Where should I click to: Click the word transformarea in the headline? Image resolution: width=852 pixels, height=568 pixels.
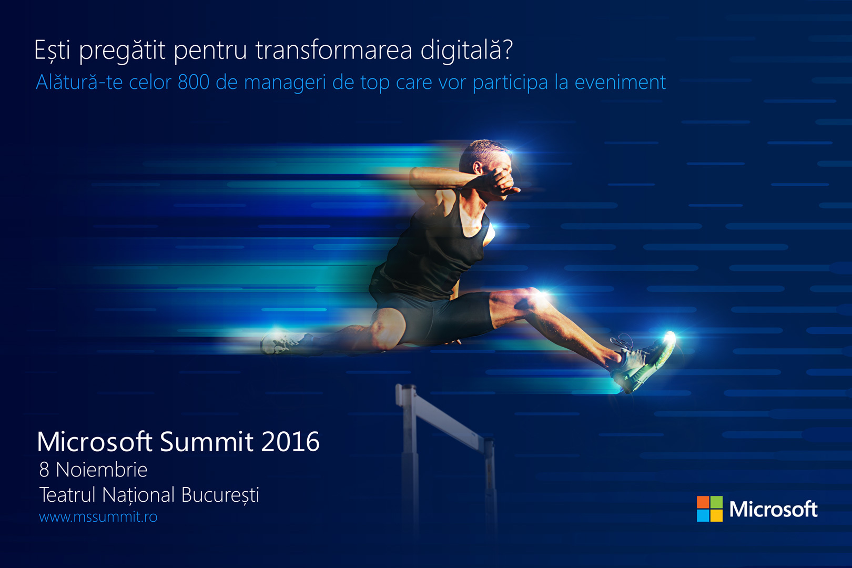pos(333,50)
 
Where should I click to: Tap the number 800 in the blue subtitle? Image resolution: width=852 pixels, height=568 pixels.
pos(194,82)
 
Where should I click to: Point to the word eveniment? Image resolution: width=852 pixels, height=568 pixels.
pos(621,82)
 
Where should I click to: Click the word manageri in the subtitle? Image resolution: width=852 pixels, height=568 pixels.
pos(285,83)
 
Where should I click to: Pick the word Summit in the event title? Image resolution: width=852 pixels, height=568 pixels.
pos(207,442)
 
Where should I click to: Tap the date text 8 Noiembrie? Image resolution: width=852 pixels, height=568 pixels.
pos(93,470)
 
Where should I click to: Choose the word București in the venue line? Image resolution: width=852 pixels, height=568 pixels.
pos(220,495)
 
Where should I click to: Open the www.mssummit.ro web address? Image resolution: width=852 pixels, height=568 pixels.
pos(98,516)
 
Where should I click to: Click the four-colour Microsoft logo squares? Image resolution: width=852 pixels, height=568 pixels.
pos(709,509)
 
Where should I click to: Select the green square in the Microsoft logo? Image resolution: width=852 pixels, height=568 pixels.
pos(717,502)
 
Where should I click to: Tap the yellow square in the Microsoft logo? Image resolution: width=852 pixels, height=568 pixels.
pos(717,515)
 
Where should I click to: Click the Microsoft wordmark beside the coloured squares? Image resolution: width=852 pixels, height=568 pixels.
pos(773,509)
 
